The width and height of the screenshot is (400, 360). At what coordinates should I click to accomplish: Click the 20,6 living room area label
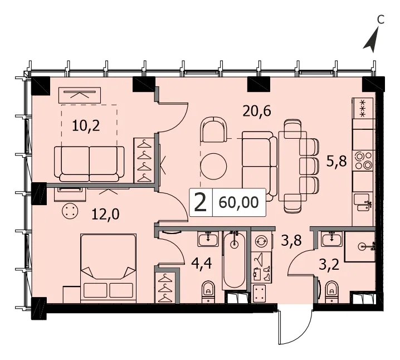[257, 111]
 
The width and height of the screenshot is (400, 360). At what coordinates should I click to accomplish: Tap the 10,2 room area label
[86, 126]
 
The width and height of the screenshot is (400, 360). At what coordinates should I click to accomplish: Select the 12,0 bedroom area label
[105, 214]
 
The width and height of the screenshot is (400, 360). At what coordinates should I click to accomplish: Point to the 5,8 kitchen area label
[336, 161]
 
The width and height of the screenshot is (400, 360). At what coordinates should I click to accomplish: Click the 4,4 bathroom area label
[202, 263]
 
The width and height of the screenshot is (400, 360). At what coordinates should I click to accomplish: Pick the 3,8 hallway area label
[291, 240]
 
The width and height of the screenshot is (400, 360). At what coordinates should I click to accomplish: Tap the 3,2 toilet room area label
[329, 265]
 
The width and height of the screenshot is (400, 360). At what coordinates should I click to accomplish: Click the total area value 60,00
[239, 202]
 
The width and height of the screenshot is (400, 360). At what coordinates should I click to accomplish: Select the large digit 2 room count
[200, 202]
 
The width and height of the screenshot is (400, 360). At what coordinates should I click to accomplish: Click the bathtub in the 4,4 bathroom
[234, 261]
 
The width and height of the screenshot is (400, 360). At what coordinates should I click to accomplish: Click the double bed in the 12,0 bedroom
[109, 268]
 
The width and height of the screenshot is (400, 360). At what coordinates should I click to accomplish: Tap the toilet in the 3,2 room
[331, 291]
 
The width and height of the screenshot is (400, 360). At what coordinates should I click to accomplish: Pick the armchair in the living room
[213, 129]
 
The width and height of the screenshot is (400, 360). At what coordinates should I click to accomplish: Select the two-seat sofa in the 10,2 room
[89, 164]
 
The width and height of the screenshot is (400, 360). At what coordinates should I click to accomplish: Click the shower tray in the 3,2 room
[360, 246]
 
